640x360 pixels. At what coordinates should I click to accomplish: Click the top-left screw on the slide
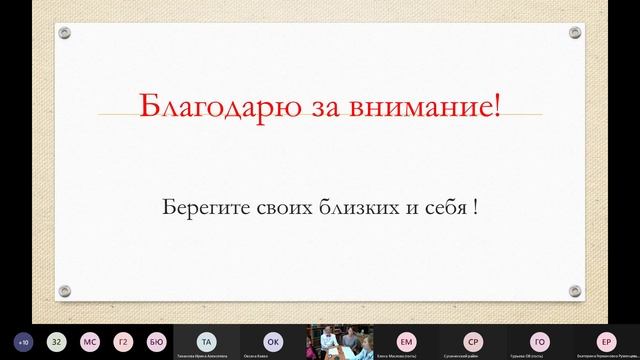[x=65, y=33]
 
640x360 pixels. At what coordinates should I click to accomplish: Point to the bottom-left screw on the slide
[x=65, y=291]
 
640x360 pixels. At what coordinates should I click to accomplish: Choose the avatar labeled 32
[x=57, y=340]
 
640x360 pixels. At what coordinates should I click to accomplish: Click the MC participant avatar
[x=90, y=340]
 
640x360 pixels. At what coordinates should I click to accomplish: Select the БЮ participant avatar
[x=155, y=340]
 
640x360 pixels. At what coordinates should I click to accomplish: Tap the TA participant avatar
[x=205, y=339]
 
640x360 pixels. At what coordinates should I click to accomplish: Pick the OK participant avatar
[x=272, y=339]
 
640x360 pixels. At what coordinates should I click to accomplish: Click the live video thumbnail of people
[x=339, y=341]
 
